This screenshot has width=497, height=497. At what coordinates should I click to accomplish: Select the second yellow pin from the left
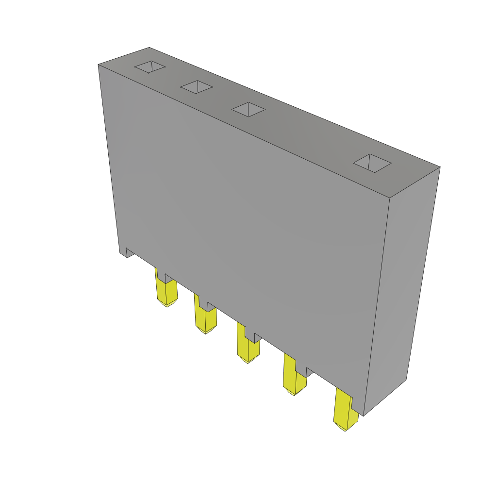205,318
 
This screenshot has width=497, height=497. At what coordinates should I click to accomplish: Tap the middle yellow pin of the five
248,346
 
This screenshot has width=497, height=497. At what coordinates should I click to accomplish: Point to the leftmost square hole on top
150,67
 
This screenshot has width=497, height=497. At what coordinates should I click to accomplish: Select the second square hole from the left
197,87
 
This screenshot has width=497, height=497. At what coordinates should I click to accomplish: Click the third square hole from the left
248,109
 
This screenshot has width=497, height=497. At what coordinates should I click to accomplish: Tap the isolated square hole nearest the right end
372,163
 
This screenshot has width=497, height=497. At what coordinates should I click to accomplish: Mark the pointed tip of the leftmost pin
166,306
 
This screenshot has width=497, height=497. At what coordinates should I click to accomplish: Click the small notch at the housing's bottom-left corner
130,252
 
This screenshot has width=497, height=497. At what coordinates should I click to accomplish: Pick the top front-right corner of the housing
390,198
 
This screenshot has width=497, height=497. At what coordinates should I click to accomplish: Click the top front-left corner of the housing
99,65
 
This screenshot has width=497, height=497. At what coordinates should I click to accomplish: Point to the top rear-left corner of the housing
149,48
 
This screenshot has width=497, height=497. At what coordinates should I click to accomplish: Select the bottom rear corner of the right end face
406,380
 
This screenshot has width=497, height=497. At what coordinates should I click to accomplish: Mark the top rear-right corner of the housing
440,167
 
